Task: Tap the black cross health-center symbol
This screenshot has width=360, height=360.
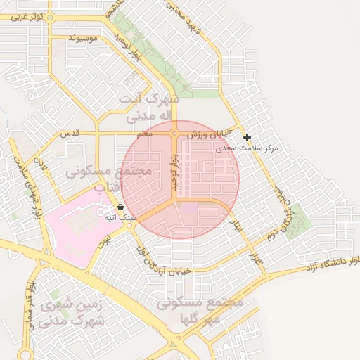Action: (x=247, y=137)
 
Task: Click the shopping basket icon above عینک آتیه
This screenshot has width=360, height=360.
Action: (x=121, y=207)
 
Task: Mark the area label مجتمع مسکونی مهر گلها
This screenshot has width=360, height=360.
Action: (x=200, y=310)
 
